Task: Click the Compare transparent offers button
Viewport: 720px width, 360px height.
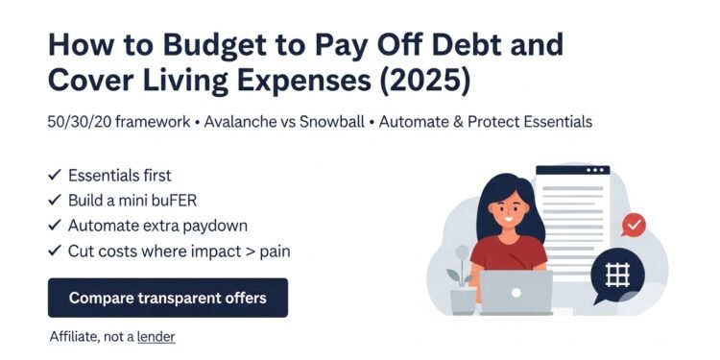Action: [x=168, y=298]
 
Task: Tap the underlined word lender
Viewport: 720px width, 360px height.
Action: [x=156, y=337]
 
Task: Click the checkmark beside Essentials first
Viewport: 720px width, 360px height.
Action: [x=54, y=176]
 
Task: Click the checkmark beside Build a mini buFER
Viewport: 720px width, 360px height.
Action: [x=54, y=201]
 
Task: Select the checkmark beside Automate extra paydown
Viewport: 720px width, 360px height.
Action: [x=54, y=226]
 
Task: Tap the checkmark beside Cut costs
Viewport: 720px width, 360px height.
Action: [x=54, y=251]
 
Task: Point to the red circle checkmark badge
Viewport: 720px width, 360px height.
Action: [x=634, y=225]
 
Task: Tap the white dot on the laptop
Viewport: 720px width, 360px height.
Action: [x=516, y=292]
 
